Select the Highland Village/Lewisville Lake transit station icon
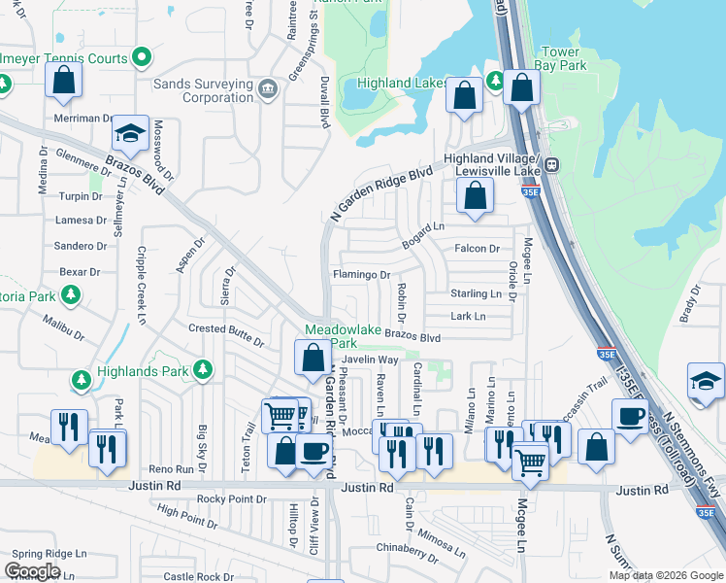click(x=551, y=165)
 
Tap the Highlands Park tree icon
click(x=202, y=368)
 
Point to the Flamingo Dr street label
click(x=361, y=275)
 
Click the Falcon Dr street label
click(x=477, y=249)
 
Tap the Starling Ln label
click(x=475, y=293)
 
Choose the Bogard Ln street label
click(x=423, y=226)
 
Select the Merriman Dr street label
click(x=84, y=119)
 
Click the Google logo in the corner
click(x=32, y=571)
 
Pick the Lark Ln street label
click(x=467, y=316)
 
